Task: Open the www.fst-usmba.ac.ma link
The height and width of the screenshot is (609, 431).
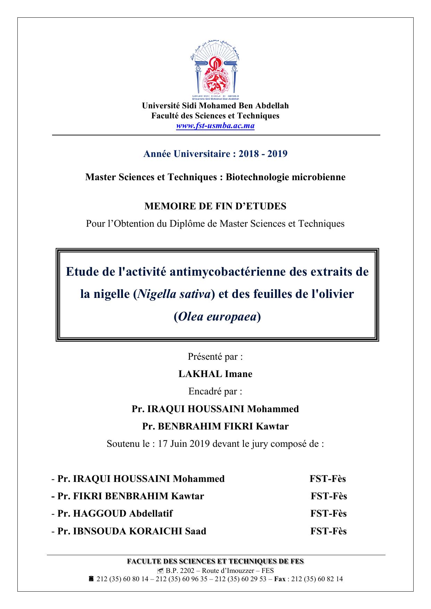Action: click(215, 126)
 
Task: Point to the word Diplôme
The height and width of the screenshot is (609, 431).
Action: click(187, 224)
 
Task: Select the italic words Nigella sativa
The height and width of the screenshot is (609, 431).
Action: click(174, 294)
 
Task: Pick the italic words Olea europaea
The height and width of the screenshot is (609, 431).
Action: click(217, 317)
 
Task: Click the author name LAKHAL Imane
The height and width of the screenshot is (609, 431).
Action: click(215, 374)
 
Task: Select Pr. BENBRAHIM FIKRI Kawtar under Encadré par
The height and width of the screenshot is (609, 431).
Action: click(215, 426)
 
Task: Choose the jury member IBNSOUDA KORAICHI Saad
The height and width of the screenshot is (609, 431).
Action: click(139, 531)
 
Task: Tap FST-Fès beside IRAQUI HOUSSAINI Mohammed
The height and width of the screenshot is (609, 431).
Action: click(328, 479)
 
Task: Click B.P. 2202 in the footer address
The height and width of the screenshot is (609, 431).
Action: click(177, 570)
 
